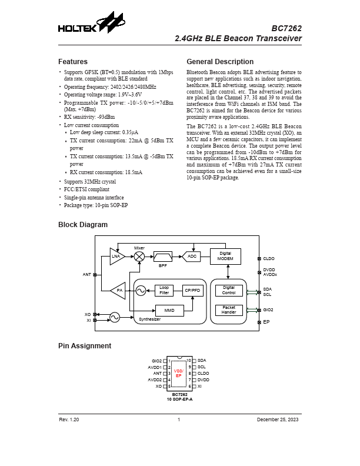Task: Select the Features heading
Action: coord(73,62)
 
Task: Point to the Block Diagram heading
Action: coord(83,225)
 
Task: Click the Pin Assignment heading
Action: coord(85,346)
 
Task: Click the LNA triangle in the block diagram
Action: coord(116,257)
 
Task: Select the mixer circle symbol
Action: coord(139,257)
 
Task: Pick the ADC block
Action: coord(192,257)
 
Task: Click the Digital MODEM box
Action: coord(225,257)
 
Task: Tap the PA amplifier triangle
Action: coord(118,290)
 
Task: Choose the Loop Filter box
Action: coord(164,290)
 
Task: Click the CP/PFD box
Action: coord(192,290)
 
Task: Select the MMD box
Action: coord(169,309)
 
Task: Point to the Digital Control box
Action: coord(229,290)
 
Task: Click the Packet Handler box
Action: coord(229,309)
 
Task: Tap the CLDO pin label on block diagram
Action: coord(269,258)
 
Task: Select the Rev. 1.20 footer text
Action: coord(69,420)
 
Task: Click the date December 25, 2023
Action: coord(278,420)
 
